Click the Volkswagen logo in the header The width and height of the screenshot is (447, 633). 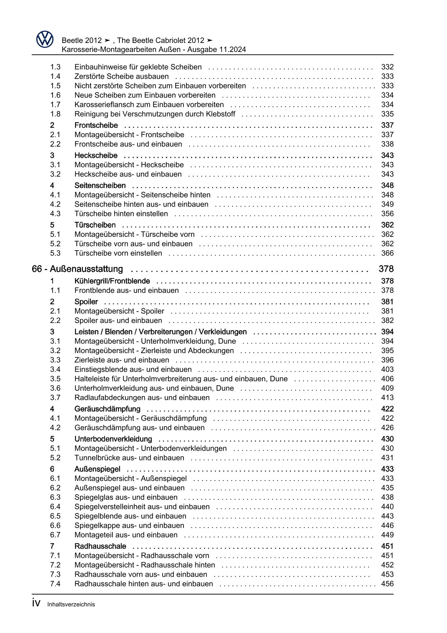[x=45, y=39]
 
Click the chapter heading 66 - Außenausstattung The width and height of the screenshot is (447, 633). [x=78, y=269]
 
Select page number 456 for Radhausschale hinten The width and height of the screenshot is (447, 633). [x=387, y=584]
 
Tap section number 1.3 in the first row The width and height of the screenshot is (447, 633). [x=55, y=67]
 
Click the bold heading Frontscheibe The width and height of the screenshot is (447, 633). [x=96, y=125]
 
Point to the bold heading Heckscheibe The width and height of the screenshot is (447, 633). [x=96, y=156]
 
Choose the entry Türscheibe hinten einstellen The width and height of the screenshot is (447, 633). [x=121, y=214]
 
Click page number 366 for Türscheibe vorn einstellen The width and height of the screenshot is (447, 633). [x=387, y=253]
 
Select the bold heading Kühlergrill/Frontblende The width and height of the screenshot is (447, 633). [x=112, y=281]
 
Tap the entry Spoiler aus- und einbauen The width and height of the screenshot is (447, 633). [x=118, y=321]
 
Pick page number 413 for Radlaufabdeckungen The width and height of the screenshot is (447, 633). [x=387, y=398]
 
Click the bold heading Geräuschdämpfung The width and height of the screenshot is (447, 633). [x=107, y=409]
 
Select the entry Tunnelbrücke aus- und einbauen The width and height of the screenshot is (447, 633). [x=129, y=458]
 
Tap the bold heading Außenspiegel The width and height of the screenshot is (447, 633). [x=97, y=469]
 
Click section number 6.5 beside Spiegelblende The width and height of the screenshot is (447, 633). [x=55, y=516]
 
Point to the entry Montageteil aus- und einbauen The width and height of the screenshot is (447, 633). [x=126, y=535]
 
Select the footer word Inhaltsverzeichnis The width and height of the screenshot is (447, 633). [x=71, y=604]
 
